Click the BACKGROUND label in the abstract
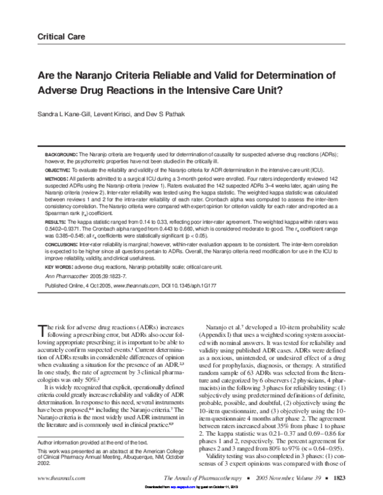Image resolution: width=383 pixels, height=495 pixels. pos(61,155)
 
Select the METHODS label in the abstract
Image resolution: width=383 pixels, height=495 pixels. pos(57,181)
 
